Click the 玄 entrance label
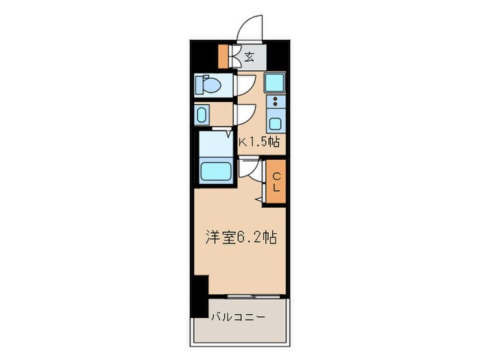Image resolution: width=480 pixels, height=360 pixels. [x=249, y=57]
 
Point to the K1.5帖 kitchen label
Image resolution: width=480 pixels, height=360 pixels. [x=259, y=143]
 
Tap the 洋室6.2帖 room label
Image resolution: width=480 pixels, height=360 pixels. [x=240, y=238]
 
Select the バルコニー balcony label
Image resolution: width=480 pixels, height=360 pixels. [x=234, y=317]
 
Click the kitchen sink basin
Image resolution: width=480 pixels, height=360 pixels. [x=276, y=124]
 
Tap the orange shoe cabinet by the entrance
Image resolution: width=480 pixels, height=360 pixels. [x=223, y=56]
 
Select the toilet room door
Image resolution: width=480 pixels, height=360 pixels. [x=244, y=84]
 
